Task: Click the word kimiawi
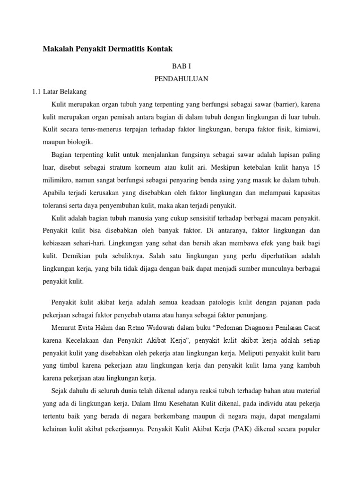click(x=307, y=129)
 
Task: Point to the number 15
click(x=316, y=168)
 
